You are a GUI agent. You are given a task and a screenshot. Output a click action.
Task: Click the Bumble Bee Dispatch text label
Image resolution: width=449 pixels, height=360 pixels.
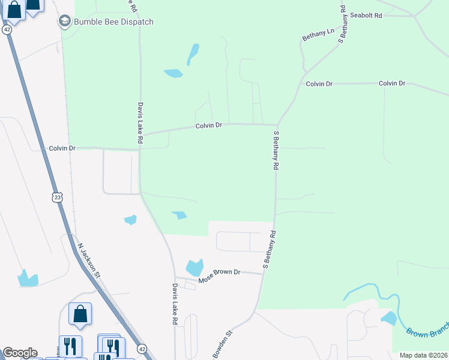coord(113,22)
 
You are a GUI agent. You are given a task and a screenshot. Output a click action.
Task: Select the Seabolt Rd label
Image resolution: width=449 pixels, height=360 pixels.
coord(366,15)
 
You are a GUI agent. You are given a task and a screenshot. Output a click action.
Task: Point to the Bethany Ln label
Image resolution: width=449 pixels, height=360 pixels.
coord(318,35)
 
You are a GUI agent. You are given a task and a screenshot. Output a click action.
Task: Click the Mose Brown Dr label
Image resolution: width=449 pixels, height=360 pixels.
coord(219,272)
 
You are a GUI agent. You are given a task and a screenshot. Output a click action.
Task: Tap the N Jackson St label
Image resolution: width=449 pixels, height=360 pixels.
coord(88,260)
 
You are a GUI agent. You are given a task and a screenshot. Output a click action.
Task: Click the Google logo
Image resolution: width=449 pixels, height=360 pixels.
coord(20,352)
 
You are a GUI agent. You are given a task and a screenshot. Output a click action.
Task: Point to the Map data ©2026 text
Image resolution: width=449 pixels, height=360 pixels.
coord(423,355)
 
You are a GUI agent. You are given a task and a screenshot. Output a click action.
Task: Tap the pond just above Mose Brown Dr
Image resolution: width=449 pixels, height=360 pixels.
coord(194,268)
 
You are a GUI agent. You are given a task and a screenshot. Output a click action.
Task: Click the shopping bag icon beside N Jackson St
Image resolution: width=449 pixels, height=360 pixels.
coord(80,314)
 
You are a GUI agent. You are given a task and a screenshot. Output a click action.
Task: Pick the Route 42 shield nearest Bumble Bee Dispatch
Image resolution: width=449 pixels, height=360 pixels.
coord(7,29)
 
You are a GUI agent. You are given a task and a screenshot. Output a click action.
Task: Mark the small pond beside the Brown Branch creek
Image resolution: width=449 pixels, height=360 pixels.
coord(388,318)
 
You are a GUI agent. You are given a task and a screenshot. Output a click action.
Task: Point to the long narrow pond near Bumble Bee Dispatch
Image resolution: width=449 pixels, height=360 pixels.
coord(193,54)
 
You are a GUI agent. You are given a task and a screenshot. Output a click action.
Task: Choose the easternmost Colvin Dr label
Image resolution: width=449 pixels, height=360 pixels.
coord(392,83)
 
